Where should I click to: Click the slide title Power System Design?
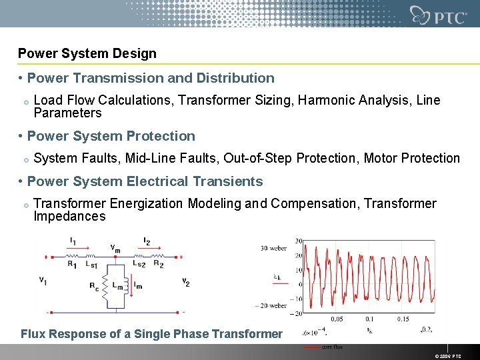[x=87, y=53]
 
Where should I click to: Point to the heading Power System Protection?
[x=111, y=136]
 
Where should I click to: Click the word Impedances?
[x=69, y=217]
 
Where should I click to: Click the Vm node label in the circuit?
[x=115, y=248]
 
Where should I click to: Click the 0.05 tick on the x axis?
[x=338, y=319]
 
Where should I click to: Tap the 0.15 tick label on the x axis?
[x=403, y=319]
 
